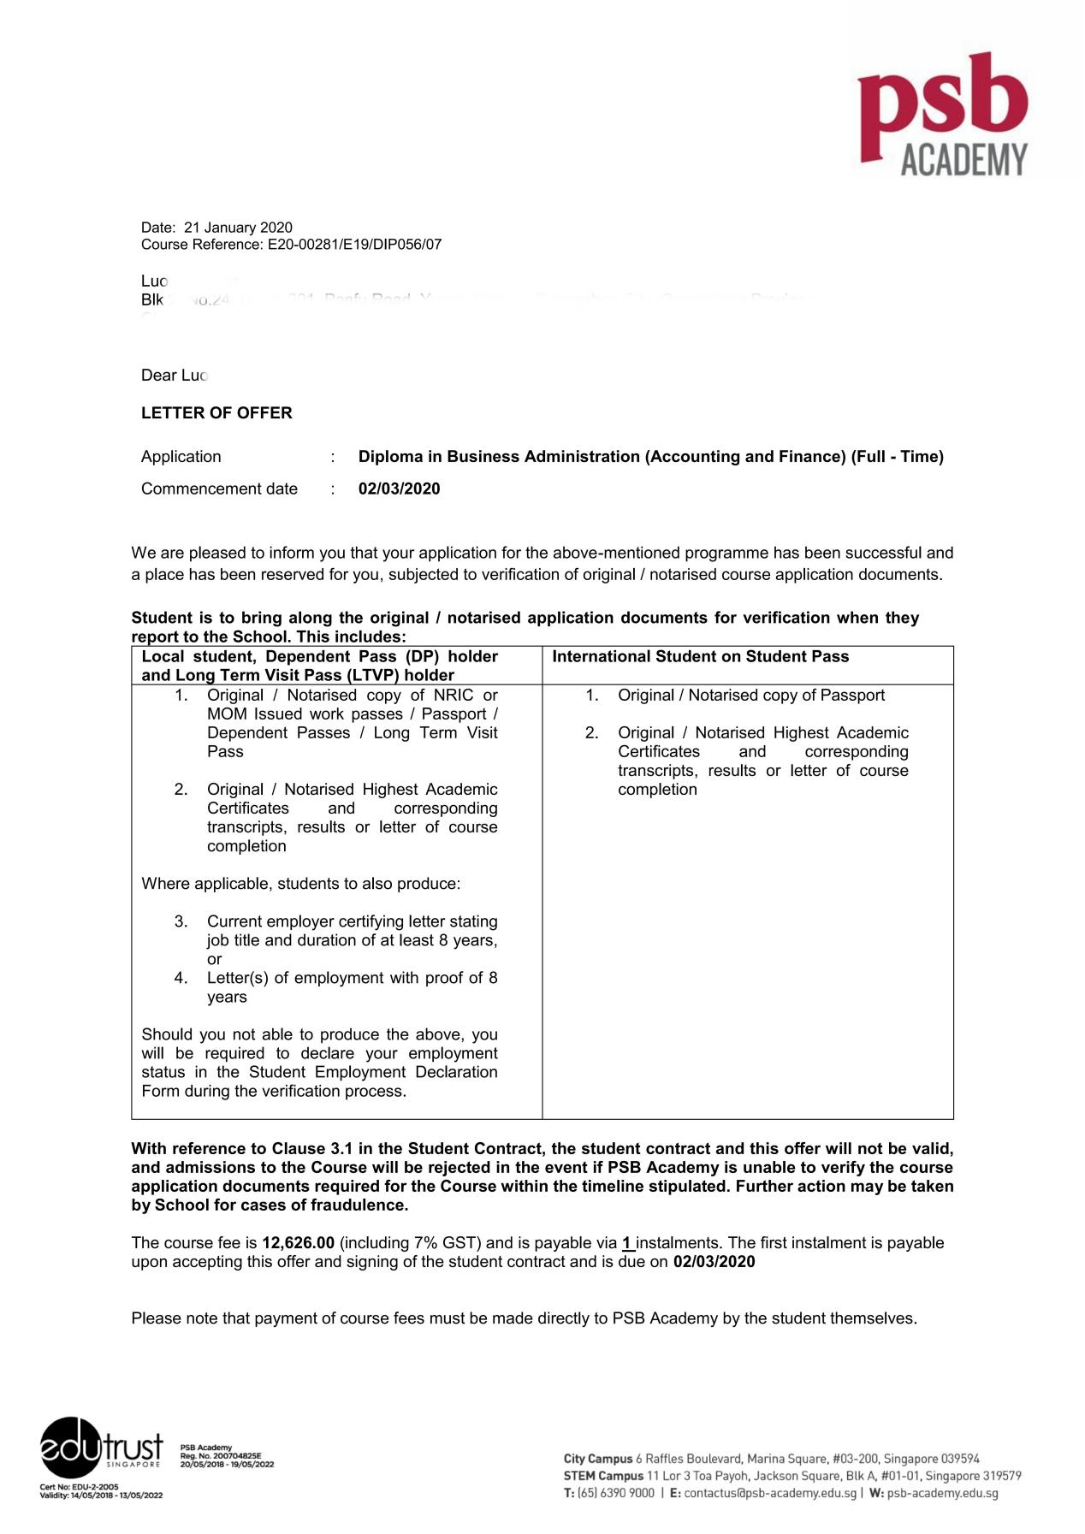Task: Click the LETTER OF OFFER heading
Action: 216,413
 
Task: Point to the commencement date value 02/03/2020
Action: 399,489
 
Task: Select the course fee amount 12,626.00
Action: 298,1243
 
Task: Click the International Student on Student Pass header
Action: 700,657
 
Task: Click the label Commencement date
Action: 219,489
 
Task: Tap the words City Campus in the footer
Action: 597,1459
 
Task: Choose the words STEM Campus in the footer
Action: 602,1476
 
